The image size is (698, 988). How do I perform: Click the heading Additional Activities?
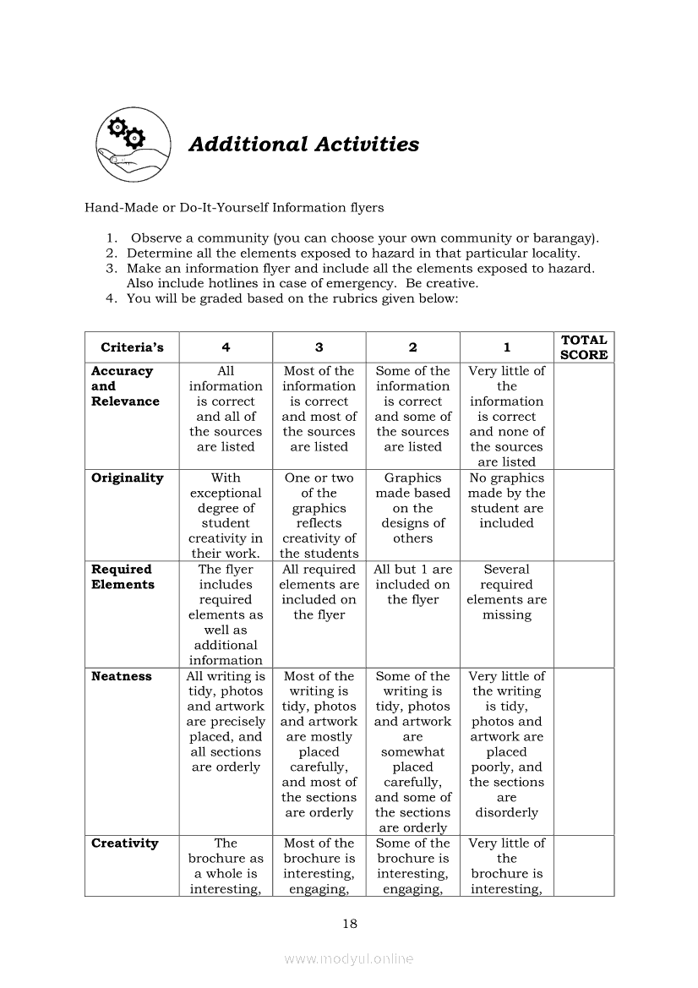[x=303, y=145]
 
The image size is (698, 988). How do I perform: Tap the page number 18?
[x=349, y=924]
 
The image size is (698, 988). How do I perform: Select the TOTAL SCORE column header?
[x=583, y=347]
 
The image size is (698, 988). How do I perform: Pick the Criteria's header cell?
[x=132, y=347]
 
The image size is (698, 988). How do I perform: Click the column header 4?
[x=226, y=347]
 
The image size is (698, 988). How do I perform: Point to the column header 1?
[x=506, y=347]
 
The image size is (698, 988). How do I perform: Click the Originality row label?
[x=127, y=478]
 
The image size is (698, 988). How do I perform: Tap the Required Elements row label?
[x=123, y=577]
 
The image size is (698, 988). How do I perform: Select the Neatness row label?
[x=122, y=676]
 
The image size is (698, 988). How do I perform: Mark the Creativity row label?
[x=124, y=843]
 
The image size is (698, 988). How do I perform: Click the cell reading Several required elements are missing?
[x=506, y=592]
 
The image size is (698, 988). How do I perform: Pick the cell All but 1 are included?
[x=412, y=585]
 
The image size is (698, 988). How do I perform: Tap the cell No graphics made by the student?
[x=506, y=500]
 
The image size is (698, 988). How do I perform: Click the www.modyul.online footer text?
[x=349, y=958]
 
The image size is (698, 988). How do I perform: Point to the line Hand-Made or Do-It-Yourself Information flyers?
[x=234, y=207]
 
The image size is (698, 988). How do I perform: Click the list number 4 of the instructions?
[x=110, y=298]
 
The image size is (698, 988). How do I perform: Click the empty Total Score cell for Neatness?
[x=583, y=751]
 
